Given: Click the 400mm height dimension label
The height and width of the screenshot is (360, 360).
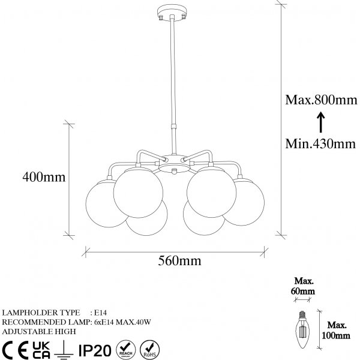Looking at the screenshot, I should [43, 178].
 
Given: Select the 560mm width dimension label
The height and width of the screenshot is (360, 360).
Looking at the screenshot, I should [179, 261].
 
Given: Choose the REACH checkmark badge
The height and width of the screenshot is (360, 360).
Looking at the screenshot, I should [125, 348].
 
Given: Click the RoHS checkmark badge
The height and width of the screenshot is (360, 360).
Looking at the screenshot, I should [149, 348].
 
